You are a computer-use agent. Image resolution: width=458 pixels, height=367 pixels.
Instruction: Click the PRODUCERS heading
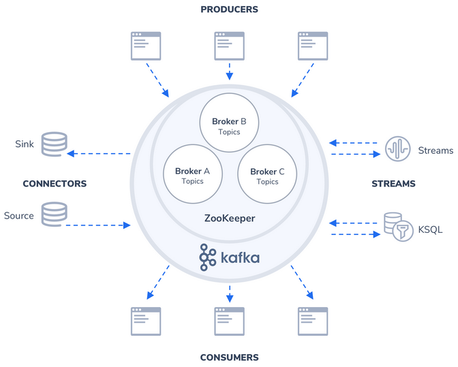[x=229, y=10]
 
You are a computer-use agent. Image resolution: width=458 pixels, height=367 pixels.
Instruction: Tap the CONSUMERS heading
[x=229, y=357]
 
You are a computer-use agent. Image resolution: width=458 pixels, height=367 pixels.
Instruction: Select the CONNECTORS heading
[x=55, y=184]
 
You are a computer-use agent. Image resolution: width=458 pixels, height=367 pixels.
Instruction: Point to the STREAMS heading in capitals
[x=393, y=184]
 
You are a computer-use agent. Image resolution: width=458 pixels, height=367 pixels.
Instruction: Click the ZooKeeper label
[x=230, y=218]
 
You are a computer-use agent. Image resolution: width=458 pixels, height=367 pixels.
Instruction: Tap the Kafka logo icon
[x=208, y=257]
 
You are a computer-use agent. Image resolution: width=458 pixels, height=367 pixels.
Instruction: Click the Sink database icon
[x=55, y=144]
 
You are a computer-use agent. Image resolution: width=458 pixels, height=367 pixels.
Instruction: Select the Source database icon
[x=55, y=214]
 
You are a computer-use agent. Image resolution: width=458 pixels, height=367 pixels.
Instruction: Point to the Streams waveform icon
[x=397, y=148]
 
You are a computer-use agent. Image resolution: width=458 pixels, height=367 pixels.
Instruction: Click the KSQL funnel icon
[x=403, y=231]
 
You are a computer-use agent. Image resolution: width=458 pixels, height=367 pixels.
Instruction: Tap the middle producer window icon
[x=229, y=46]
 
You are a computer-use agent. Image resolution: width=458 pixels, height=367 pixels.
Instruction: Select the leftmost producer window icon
[x=146, y=46]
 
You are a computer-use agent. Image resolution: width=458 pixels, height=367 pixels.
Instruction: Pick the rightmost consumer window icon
[x=313, y=321]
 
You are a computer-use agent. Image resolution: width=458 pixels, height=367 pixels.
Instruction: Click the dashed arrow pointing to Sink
[x=99, y=153]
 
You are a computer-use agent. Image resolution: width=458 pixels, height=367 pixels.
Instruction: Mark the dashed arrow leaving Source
[x=98, y=225]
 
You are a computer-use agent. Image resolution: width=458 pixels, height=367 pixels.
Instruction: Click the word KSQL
[x=430, y=229]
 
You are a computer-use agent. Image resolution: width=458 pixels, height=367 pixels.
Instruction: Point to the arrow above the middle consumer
[x=230, y=293]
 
